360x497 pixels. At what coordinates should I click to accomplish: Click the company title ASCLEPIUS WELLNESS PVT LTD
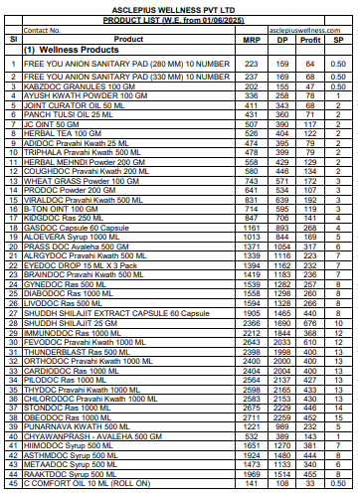click(179, 8)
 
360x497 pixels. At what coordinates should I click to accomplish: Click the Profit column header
click(310, 40)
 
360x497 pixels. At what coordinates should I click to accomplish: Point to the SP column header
click(337, 40)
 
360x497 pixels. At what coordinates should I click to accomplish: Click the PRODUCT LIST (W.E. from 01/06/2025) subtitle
click(179, 19)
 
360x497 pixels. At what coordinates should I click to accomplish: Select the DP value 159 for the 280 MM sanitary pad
click(282, 63)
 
